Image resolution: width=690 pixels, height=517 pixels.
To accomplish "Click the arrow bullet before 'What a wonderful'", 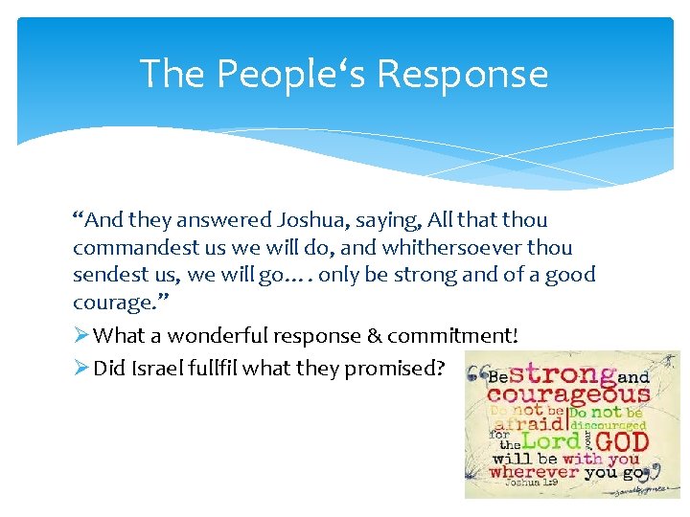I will click(81, 336).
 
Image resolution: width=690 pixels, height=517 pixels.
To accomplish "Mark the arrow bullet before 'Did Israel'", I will click(81, 369).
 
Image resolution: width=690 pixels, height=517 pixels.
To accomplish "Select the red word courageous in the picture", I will click(570, 393).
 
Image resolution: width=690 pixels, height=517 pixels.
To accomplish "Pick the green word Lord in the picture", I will click(549, 441).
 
